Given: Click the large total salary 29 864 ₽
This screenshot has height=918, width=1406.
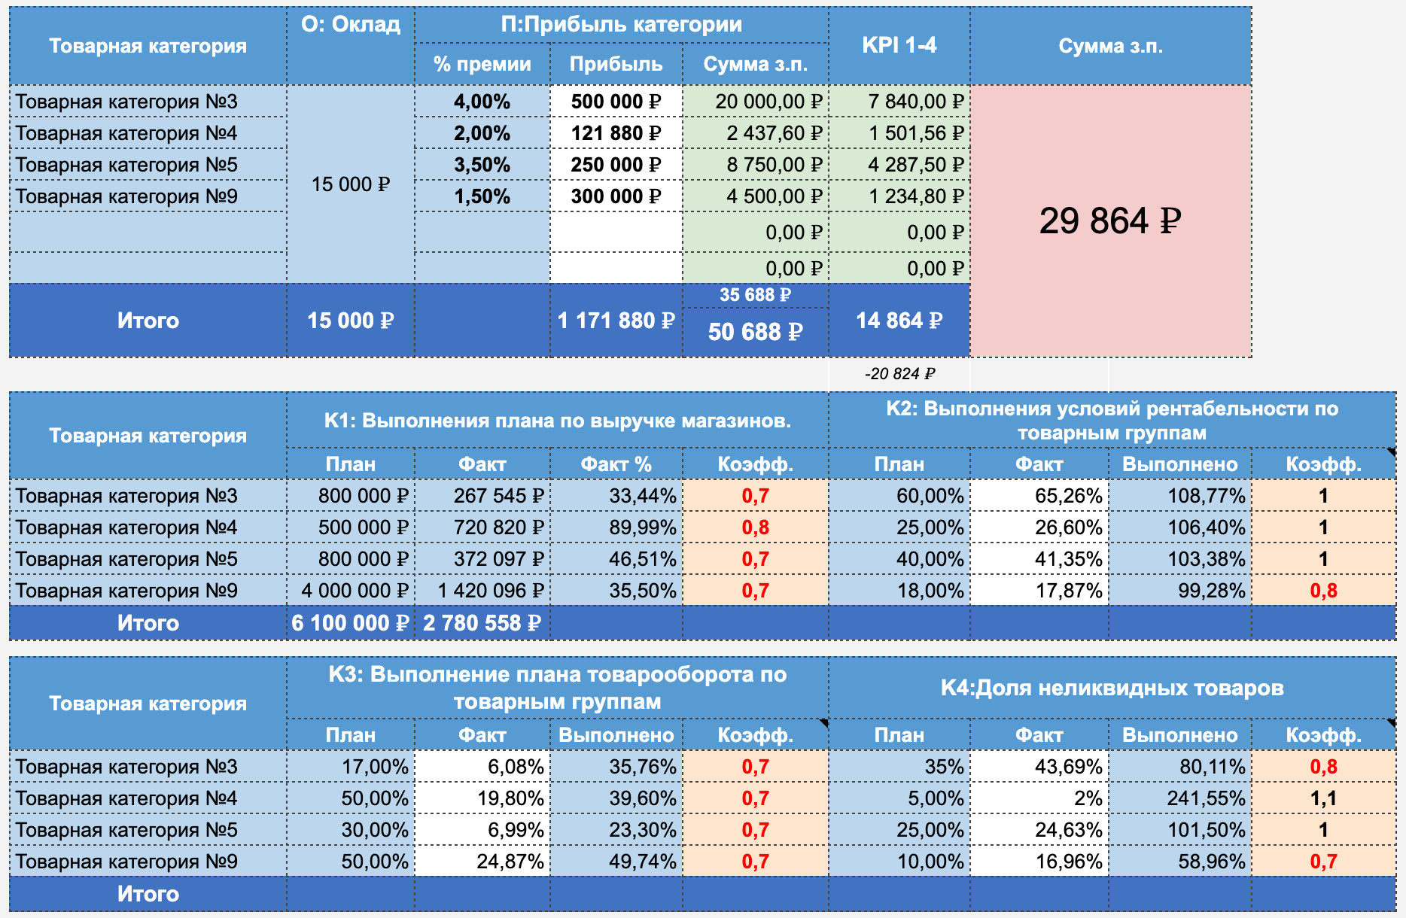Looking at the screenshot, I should [1110, 220].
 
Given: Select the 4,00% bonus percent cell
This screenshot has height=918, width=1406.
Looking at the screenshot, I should [482, 102].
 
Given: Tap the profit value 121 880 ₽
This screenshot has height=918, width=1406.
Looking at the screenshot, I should [616, 133].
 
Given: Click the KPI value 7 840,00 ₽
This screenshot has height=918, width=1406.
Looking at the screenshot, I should [915, 102].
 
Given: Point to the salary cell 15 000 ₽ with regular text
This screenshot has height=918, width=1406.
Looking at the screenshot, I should [351, 184].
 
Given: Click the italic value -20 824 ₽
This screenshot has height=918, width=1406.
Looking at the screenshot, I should [899, 373].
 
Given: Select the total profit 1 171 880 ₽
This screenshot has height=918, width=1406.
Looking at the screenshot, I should [616, 321].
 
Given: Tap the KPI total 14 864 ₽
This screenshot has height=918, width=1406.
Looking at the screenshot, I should [899, 321].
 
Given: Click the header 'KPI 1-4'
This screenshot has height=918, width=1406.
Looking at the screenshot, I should [899, 45].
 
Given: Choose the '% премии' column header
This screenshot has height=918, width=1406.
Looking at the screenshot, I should [482, 64].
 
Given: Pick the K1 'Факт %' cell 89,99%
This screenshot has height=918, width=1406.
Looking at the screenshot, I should [643, 527].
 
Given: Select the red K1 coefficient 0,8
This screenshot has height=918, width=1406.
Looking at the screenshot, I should [755, 527].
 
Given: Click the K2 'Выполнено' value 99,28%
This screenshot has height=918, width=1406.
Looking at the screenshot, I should [1211, 591].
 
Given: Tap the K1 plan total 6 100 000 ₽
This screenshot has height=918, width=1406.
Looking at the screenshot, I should [350, 623].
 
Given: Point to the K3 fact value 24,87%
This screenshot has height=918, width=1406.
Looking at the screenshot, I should [510, 862].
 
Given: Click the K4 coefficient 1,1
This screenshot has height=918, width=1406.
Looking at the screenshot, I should [1323, 798].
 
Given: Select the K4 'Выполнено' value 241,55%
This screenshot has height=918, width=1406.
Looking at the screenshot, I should [1206, 798].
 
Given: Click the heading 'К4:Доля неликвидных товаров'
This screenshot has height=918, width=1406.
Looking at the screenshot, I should [1112, 688].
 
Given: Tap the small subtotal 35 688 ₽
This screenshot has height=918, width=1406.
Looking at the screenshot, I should [755, 295].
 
